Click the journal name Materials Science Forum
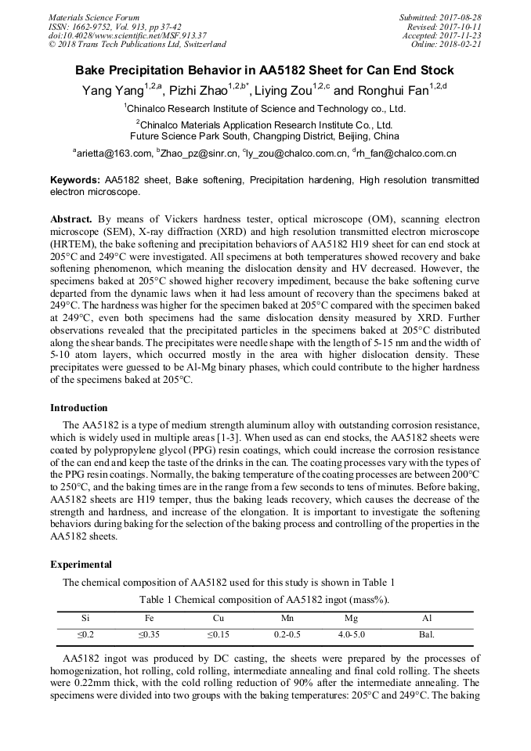click(94, 17)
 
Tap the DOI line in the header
click(128, 35)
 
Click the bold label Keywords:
click(75, 180)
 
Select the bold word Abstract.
click(72, 219)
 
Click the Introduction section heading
click(79, 408)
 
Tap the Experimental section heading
click(81, 564)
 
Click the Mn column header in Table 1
click(287, 619)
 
